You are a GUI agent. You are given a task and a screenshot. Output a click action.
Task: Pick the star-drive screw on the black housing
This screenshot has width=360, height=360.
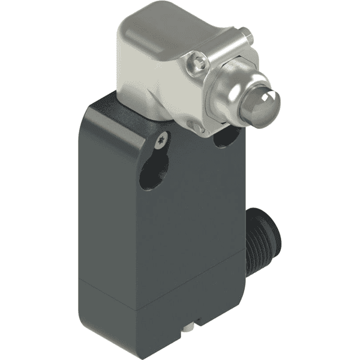click(x=160, y=141)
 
